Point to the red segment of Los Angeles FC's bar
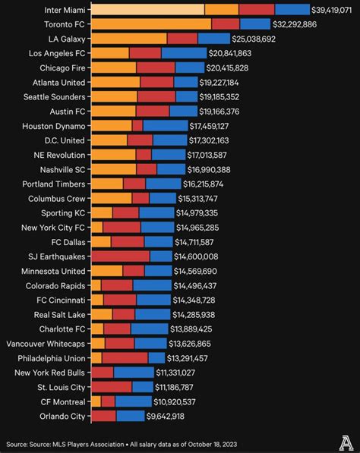[x=144, y=53]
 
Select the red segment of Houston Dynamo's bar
[x=137, y=126]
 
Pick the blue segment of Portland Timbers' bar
[x=163, y=184]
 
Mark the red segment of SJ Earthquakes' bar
[x=121, y=256]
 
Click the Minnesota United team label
[x=54, y=271]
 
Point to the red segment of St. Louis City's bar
[x=112, y=387]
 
